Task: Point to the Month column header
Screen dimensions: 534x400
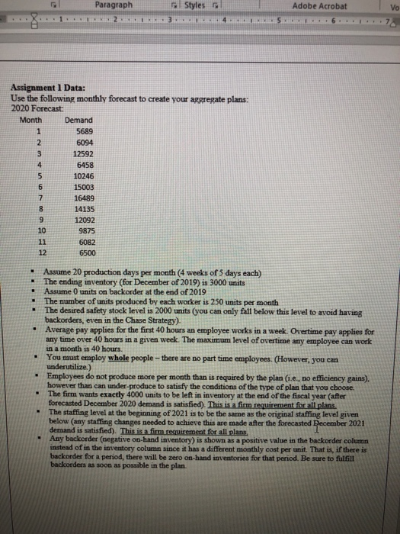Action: point(31,120)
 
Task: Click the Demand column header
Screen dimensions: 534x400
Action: point(79,120)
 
